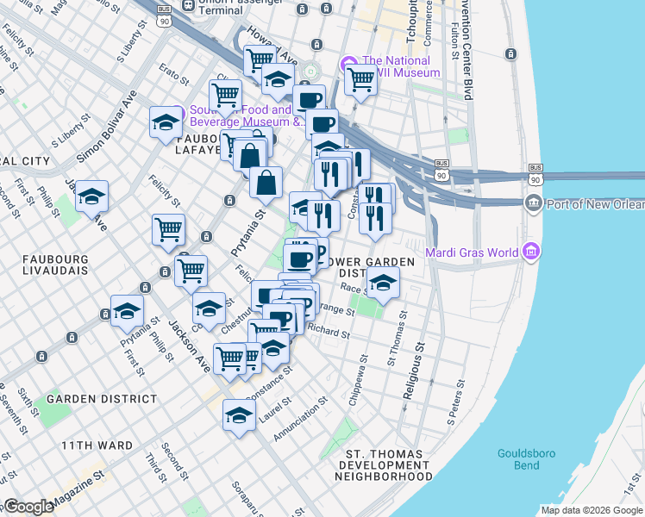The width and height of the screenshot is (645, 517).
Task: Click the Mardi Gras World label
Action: point(472,252)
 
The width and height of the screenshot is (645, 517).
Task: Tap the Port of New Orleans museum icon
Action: point(532,203)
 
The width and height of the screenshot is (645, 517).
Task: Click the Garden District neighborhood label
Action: point(102,399)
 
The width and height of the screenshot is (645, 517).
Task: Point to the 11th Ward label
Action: point(97,445)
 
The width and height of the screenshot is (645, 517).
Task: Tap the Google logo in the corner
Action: point(28,507)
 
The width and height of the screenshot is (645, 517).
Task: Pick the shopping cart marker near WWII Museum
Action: point(361,80)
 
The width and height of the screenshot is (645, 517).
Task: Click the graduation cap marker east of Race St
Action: point(383,281)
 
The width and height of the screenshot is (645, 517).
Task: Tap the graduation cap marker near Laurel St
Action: point(239,415)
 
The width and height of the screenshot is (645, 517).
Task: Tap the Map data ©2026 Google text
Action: point(592,510)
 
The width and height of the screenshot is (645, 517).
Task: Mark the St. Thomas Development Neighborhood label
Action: point(383,464)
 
